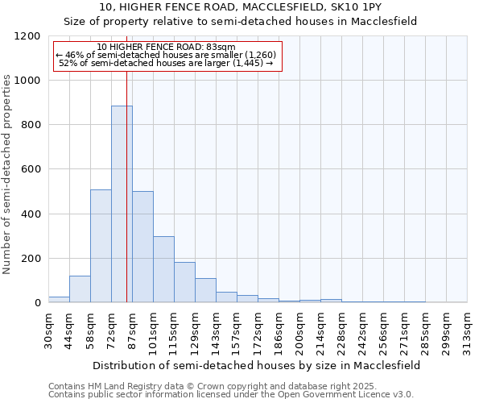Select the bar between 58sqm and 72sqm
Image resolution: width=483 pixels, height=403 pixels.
(x=101, y=246)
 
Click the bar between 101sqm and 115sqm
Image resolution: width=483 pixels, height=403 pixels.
(x=163, y=269)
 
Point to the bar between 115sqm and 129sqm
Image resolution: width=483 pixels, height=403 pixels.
(x=184, y=282)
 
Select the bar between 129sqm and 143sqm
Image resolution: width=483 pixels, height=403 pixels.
(x=205, y=290)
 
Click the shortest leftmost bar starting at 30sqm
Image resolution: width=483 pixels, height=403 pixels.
(x=59, y=299)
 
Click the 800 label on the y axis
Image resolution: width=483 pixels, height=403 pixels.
(x=31, y=125)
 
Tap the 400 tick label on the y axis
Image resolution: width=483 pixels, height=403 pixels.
(x=31, y=214)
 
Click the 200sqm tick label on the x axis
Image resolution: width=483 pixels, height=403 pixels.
(x=300, y=331)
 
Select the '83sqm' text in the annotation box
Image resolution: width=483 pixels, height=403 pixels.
(x=218, y=47)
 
